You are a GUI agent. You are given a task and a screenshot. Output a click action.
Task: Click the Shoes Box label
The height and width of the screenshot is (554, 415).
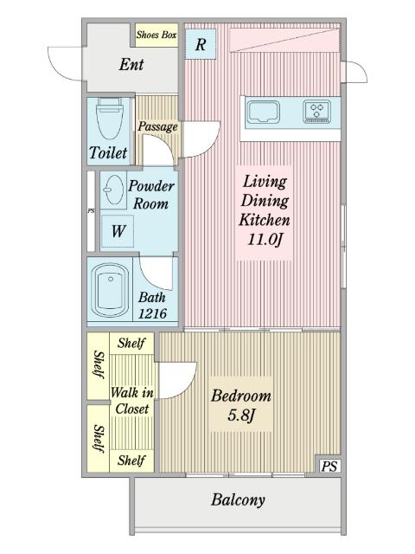click(156, 35)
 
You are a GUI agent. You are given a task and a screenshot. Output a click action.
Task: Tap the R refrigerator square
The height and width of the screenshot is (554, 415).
click(201, 44)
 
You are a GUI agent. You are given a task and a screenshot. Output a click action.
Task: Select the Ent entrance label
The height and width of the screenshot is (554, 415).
click(131, 64)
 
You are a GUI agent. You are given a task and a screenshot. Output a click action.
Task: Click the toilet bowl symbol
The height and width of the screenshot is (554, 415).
click(110, 119)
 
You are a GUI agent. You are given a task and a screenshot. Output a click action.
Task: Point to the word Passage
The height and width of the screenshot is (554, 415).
click(157, 126)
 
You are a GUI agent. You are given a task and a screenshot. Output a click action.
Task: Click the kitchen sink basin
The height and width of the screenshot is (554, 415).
click(263, 112)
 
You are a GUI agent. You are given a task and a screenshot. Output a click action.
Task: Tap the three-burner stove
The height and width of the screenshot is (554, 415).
click(317, 112)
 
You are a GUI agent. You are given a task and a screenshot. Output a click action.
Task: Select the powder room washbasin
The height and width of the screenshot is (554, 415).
click(113, 190)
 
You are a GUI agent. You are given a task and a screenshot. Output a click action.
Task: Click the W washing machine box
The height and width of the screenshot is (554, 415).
click(118, 231)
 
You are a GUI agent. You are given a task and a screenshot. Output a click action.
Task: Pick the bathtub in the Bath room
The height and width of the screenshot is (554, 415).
click(110, 289)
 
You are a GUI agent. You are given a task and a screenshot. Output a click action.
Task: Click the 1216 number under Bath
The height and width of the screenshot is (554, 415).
click(152, 313)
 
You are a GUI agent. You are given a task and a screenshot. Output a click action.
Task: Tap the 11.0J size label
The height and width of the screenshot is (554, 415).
click(265, 240)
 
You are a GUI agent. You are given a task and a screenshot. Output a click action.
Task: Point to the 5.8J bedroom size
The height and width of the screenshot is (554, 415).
click(241, 415)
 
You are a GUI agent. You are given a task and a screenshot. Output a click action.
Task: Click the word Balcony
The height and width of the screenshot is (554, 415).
click(238, 500)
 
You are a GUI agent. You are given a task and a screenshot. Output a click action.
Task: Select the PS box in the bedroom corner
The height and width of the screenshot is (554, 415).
click(329, 466)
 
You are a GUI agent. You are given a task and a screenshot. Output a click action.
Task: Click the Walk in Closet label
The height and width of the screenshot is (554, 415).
click(132, 401)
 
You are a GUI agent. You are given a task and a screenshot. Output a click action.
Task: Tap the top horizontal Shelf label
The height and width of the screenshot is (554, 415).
click(131, 343)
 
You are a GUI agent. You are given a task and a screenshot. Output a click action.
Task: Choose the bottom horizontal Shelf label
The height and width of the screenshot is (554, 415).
click(131, 460)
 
